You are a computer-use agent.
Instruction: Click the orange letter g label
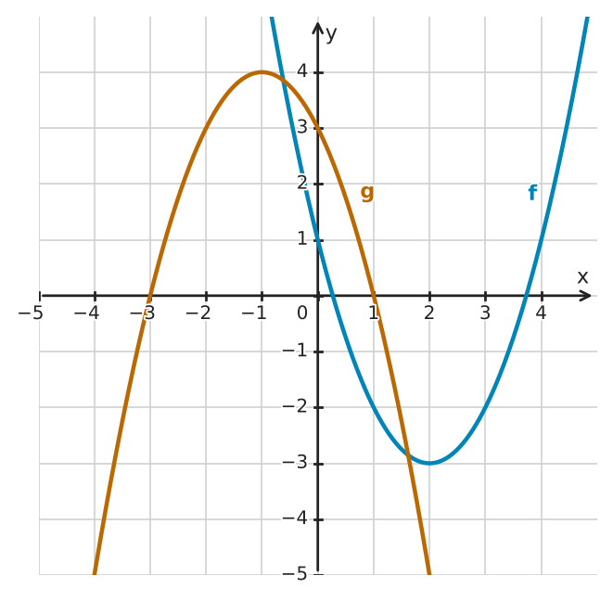click(x=367, y=194)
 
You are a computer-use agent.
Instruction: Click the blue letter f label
click(x=532, y=192)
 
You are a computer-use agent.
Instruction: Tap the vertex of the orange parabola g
click(x=262, y=72)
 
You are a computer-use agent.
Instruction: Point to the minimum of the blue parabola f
click(x=429, y=464)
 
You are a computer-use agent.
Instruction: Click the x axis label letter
click(x=582, y=277)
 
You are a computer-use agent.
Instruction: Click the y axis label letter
click(x=331, y=35)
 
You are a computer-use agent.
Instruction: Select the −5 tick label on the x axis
click(x=31, y=313)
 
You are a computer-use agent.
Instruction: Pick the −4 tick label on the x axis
click(x=86, y=313)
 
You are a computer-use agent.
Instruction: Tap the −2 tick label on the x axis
click(x=198, y=313)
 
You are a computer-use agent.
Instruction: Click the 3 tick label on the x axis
click(x=485, y=313)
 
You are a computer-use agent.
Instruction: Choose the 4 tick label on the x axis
click(x=541, y=313)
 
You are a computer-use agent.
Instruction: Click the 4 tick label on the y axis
click(x=302, y=71)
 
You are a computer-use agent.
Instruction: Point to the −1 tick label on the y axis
click(x=295, y=351)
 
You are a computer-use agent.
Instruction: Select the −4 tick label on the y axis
click(x=295, y=518)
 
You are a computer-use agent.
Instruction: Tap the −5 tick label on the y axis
click(x=295, y=574)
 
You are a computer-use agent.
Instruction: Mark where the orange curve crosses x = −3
click(x=149, y=296)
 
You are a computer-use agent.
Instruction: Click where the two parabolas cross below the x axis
click(x=408, y=454)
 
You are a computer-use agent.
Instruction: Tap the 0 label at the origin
click(x=302, y=313)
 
